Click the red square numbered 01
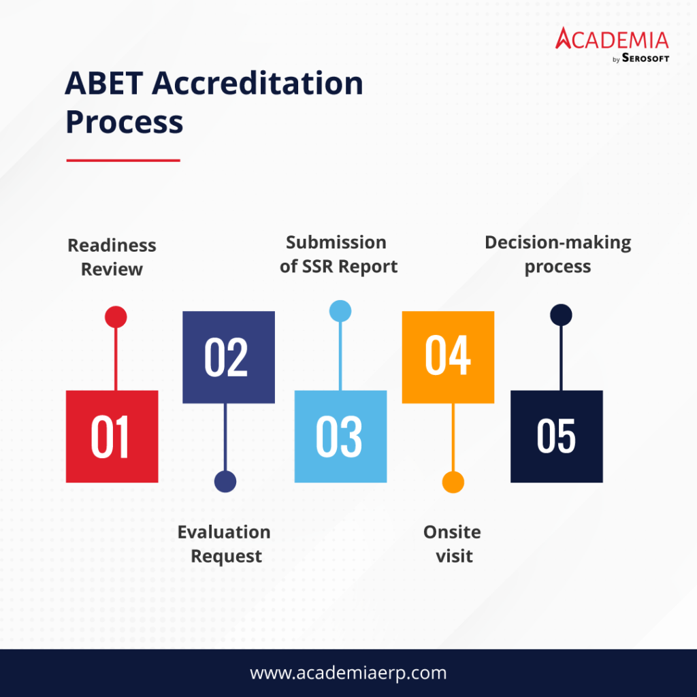click(x=112, y=436)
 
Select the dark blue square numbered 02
click(x=229, y=357)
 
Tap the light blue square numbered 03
click(x=340, y=436)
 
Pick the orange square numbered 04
click(x=448, y=357)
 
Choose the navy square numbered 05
click(x=556, y=436)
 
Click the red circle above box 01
click(x=116, y=317)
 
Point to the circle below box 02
click(x=225, y=481)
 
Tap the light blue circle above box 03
click(x=340, y=311)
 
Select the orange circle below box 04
click(x=453, y=482)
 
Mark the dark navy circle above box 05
click(x=561, y=314)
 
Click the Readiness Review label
click(x=112, y=257)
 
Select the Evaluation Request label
click(x=224, y=544)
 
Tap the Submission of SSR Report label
click(x=338, y=255)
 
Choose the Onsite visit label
click(x=453, y=544)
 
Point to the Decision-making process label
click(x=557, y=255)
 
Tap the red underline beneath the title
click(x=123, y=161)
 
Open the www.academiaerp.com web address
click(x=348, y=673)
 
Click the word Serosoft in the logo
click(x=645, y=58)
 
